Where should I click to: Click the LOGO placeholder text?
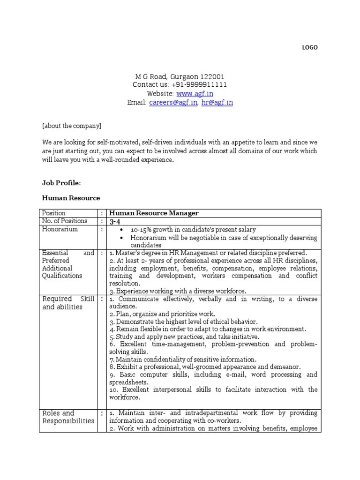pyautogui.click(x=309, y=47)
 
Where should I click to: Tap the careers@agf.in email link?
pyautogui.click(x=173, y=103)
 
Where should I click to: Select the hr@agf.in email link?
pyautogui.click(x=217, y=103)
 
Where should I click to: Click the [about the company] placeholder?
pyautogui.click(x=71, y=126)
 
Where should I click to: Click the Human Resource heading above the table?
pyautogui.click(x=71, y=198)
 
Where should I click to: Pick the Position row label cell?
pyautogui.click(x=54, y=213)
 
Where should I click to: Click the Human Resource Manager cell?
pyautogui.click(x=154, y=213)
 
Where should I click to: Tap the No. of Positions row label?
pyautogui.click(x=65, y=221)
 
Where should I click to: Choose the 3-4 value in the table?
pyautogui.click(x=114, y=221)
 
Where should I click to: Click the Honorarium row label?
pyautogui.click(x=60, y=229)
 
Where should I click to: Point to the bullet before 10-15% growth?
pyautogui.click(x=122, y=230)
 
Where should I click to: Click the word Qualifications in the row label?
pyautogui.click(x=62, y=276)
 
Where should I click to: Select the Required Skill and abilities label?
pyautogui.click(x=68, y=303)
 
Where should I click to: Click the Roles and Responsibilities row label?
pyautogui.click(x=68, y=417)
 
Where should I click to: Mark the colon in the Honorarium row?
pyautogui.click(x=101, y=229)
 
